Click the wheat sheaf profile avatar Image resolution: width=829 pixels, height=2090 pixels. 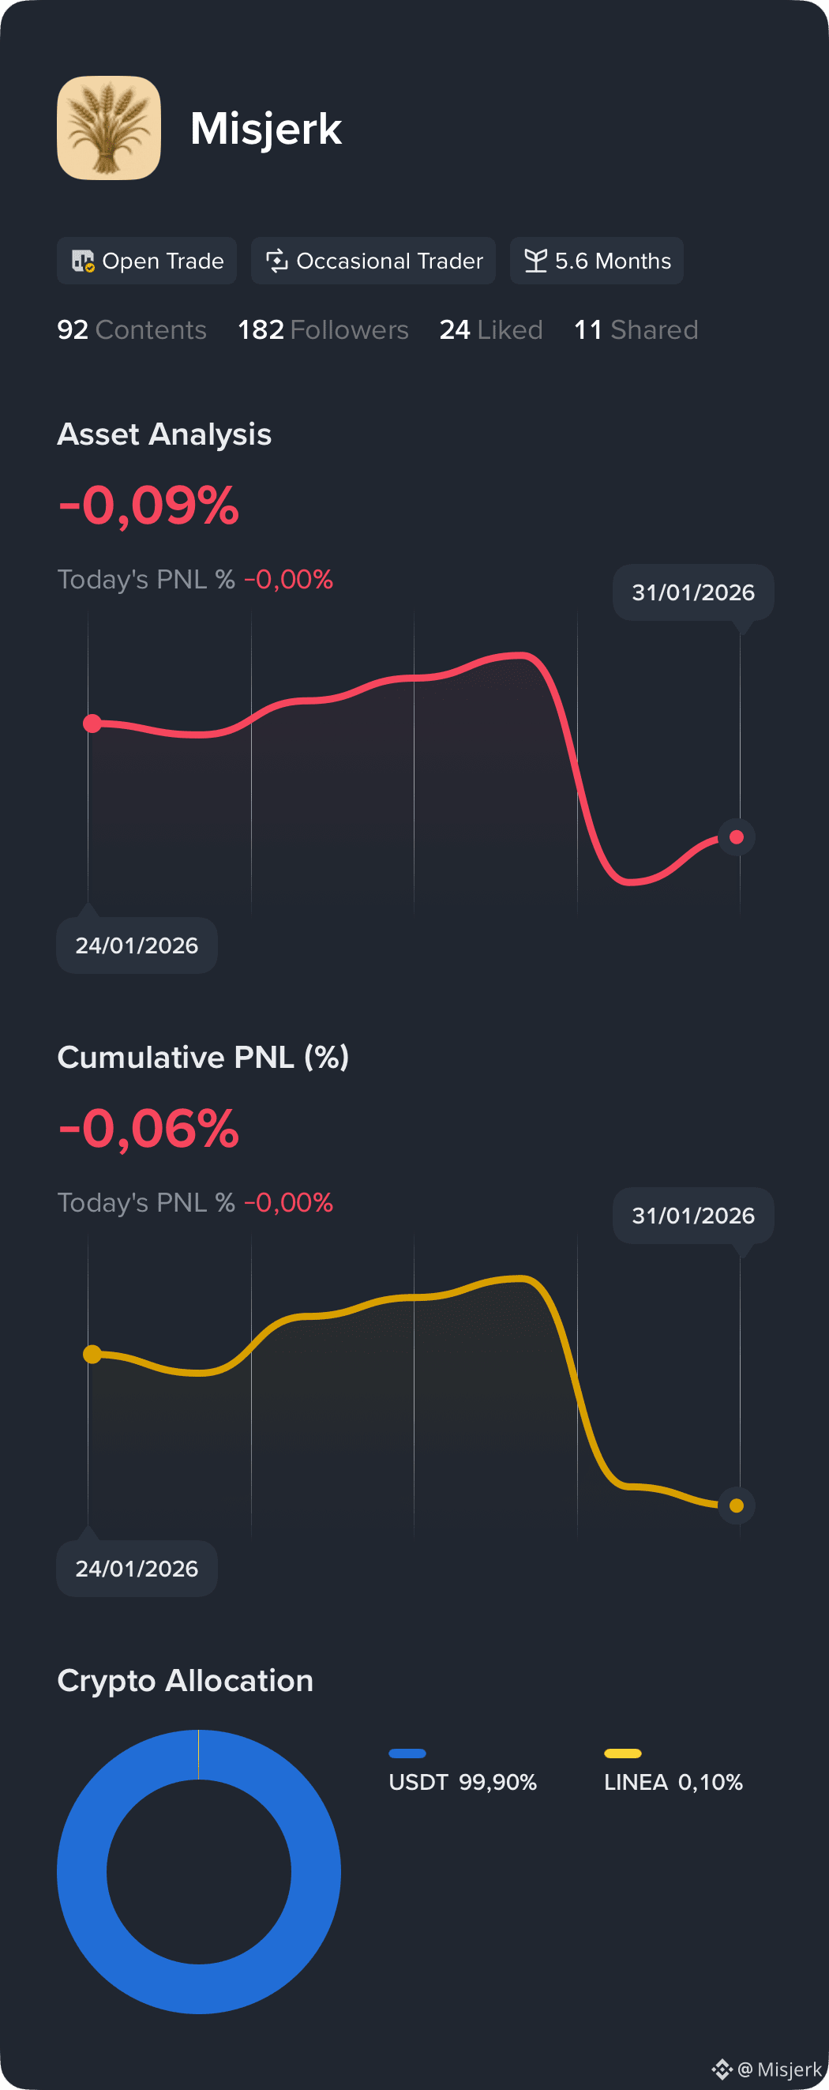(109, 128)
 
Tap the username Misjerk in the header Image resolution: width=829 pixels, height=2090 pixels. (265, 129)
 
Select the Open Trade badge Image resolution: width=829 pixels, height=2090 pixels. (147, 261)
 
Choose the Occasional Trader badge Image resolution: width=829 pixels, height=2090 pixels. (373, 261)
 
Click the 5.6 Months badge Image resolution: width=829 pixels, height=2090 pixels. (596, 261)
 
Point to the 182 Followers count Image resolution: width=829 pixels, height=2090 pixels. (323, 329)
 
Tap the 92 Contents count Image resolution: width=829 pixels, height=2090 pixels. (131, 329)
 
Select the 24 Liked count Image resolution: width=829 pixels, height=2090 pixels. (491, 329)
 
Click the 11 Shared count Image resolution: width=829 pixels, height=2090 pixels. (635, 329)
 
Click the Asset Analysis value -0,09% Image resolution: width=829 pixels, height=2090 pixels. (148, 505)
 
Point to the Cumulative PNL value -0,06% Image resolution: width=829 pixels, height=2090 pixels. (148, 1128)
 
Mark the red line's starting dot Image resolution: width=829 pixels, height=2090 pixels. (92, 723)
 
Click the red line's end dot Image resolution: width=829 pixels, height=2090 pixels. (737, 837)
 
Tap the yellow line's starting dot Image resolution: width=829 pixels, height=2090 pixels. (92, 1354)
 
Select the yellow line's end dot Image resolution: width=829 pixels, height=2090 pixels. (737, 1505)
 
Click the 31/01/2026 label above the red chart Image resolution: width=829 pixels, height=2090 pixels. (692, 592)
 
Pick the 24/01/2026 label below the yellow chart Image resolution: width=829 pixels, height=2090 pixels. (137, 1569)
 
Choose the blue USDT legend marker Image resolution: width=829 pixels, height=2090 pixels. (407, 1754)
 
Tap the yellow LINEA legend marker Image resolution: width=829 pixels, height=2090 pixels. (622, 1754)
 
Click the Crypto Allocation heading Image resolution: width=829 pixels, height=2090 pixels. (185, 1680)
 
